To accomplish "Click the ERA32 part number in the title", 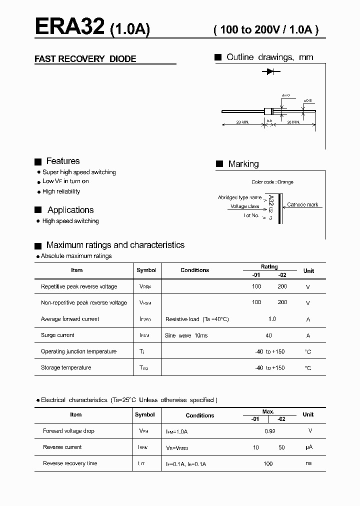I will pos(69,27).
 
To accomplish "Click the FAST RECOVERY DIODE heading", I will pos(85,59).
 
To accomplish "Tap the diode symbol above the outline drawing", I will pos(269,72).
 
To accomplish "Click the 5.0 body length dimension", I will pos(269,120).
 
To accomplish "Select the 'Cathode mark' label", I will pos(302,205).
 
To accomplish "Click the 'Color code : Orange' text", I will pos(272,182).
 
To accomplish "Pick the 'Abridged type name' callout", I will pos(239,197).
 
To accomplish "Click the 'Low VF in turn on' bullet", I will pos(65,181).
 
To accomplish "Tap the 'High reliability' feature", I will pos(61,191).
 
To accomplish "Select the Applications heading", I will pos(70,210).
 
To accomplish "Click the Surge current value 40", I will pos(269,335).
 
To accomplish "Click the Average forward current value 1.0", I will pos(272,319).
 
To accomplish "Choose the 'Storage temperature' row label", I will pos(66,368).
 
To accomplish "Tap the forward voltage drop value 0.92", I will pos(269,431).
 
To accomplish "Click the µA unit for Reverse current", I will pos(308,447).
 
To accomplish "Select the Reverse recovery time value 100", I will pos(268,464).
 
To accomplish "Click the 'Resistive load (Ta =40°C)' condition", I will pos(197,319).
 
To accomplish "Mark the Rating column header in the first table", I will pos(269,267).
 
